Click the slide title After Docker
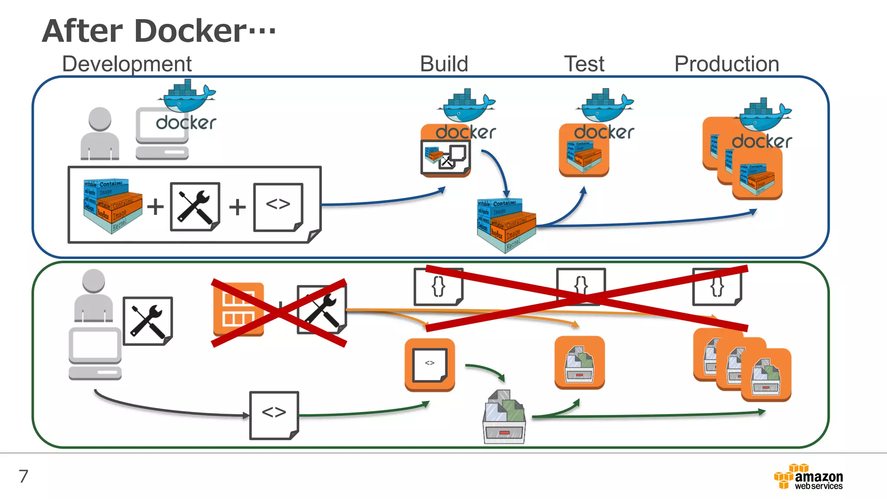(x=159, y=31)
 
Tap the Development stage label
(x=126, y=64)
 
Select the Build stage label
(x=444, y=64)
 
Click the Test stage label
(x=584, y=64)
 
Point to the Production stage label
(x=726, y=64)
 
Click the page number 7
(x=23, y=476)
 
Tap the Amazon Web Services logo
(x=809, y=477)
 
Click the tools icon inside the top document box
(x=195, y=207)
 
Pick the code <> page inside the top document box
(x=278, y=207)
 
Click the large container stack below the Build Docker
(x=506, y=224)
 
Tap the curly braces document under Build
(x=438, y=287)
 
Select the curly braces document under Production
(x=717, y=287)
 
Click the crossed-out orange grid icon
(x=239, y=309)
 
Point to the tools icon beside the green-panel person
(x=148, y=321)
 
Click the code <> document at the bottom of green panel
(x=274, y=415)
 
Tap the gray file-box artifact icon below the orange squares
(x=504, y=417)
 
